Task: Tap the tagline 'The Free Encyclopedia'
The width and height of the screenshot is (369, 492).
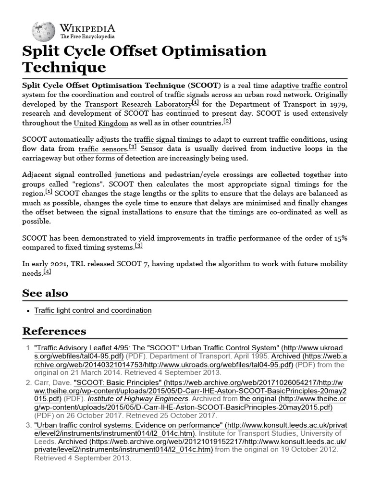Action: [87, 37]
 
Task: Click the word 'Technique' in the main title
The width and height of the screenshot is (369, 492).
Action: [64, 67]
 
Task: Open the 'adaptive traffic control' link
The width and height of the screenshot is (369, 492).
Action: [309, 86]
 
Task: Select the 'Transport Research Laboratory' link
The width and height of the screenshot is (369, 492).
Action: [138, 104]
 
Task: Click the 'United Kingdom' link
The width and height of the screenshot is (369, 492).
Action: [101, 123]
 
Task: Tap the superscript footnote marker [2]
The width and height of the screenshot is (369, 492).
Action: [227, 122]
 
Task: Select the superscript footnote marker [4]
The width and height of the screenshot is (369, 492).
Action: [47, 272]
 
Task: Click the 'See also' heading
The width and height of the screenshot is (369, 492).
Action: [45, 293]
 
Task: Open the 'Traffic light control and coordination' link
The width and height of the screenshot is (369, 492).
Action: [93, 310]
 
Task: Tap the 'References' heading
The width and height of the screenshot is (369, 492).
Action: [54, 331]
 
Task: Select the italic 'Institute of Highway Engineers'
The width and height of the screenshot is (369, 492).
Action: [138, 399]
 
